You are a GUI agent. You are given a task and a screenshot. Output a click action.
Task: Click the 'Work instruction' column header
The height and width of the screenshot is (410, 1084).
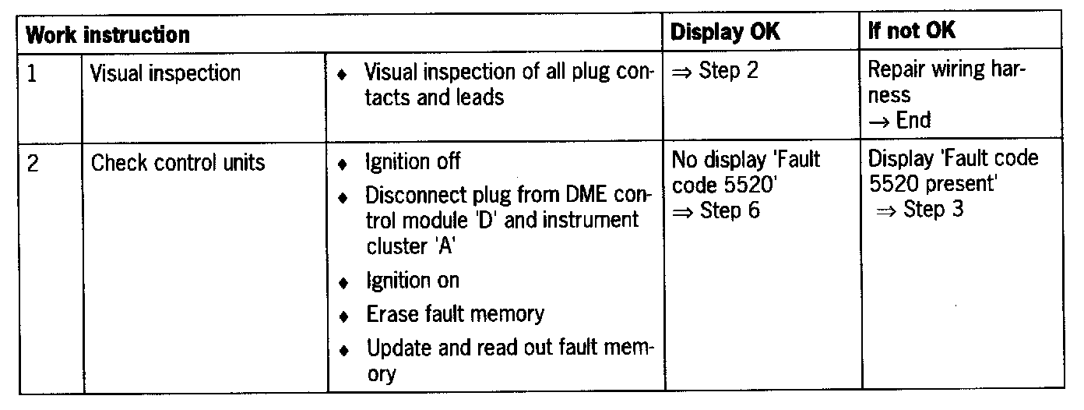108,34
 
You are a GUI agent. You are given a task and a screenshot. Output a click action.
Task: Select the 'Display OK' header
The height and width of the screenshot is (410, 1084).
725,32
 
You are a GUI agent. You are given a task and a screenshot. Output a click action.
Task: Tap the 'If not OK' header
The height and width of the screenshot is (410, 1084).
912,32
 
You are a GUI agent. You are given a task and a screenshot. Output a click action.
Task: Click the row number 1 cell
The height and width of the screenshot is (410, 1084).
33,74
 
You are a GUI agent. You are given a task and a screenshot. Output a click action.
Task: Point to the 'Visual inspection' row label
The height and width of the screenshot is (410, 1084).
165,74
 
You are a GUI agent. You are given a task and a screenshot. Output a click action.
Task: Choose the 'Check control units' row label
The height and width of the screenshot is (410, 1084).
178,164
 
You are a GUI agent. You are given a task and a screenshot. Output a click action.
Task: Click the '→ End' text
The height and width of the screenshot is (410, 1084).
900,120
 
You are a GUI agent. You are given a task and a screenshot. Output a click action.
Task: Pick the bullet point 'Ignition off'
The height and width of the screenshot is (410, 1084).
414,163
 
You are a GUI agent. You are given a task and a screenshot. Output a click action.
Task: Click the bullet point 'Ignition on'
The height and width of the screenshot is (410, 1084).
413,281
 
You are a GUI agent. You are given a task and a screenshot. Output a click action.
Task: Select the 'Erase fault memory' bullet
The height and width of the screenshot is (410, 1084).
455,314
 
